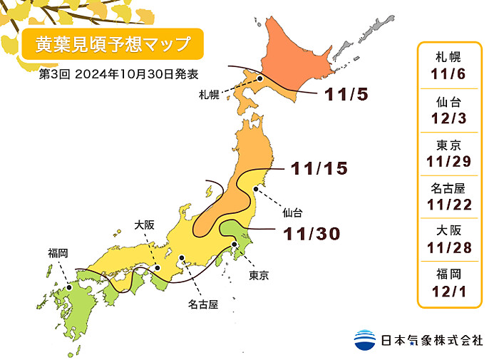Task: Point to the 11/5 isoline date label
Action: pos(346,94)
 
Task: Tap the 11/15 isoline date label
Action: pos(319,169)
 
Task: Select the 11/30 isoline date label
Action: pos(311,233)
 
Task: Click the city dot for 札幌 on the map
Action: pos(261,79)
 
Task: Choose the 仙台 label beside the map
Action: pos(292,212)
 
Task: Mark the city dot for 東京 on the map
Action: pos(235,245)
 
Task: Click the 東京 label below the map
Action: pos(259,275)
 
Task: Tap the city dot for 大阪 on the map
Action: pos(158,268)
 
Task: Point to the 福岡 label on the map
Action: pos(58,252)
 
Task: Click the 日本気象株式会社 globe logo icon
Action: pos(364,339)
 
